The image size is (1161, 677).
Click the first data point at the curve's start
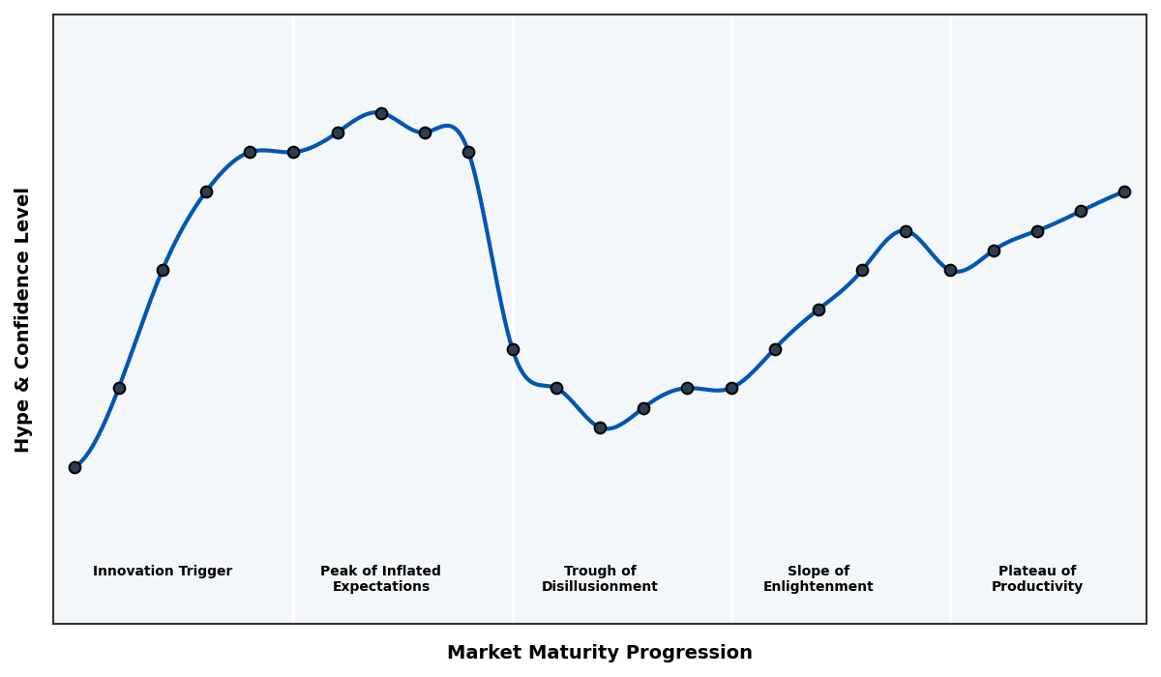point(74,467)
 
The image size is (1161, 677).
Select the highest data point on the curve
point(381,113)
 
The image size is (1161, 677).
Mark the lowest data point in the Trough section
point(600,427)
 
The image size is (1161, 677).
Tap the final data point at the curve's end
point(1124,191)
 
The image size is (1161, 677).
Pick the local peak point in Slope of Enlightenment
point(906,231)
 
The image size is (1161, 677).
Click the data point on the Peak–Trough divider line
point(513,349)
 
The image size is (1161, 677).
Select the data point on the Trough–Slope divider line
point(731,388)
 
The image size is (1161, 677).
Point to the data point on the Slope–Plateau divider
point(950,270)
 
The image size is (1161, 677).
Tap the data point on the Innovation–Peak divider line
point(293,152)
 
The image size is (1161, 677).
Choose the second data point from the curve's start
point(119,388)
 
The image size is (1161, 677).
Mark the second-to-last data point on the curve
point(1081,211)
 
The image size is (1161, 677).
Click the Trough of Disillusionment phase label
point(600,579)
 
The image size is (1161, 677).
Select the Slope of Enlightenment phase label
point(819,579)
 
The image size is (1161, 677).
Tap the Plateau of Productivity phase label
point(1037,579)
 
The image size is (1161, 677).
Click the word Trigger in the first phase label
point(204,572)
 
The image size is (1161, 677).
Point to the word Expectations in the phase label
point(381,587)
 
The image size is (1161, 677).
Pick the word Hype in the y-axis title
point(23,429)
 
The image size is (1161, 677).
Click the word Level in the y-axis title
point(23,211)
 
